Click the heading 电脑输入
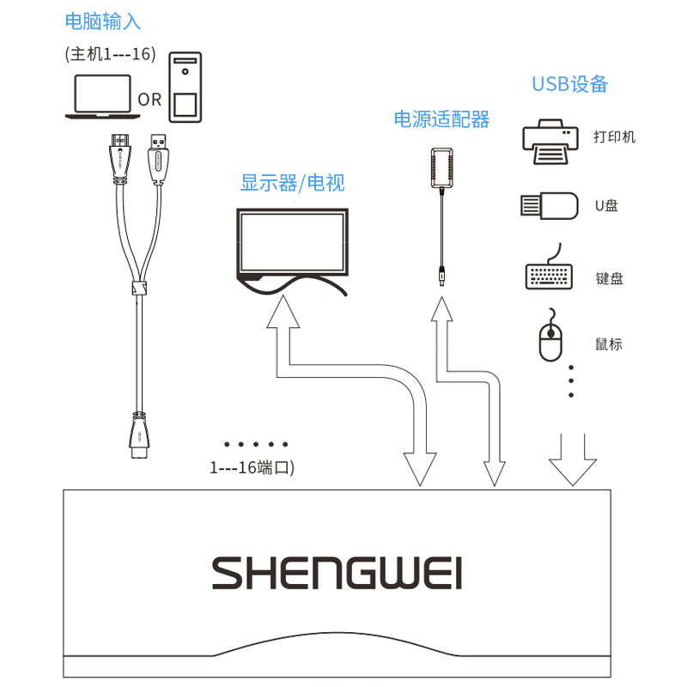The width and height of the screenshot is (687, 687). (x=103, y=21)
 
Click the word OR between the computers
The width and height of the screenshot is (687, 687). (x=149, y=100)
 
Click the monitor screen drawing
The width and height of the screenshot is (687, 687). (x=292, y=244)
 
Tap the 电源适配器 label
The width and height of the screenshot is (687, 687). (x=441, y=119)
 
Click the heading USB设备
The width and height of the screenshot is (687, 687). (x=569, y=83)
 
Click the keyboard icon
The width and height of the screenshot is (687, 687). (x=549, y=272)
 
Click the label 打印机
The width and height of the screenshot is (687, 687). (x=614, y=137)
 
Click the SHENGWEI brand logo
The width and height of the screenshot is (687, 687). (x=337, y=572)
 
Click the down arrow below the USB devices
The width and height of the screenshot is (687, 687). (x=572, y=459)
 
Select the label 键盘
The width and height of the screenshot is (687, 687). (x=609, y=278)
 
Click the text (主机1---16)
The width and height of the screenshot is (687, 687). (x=110, y=53)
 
